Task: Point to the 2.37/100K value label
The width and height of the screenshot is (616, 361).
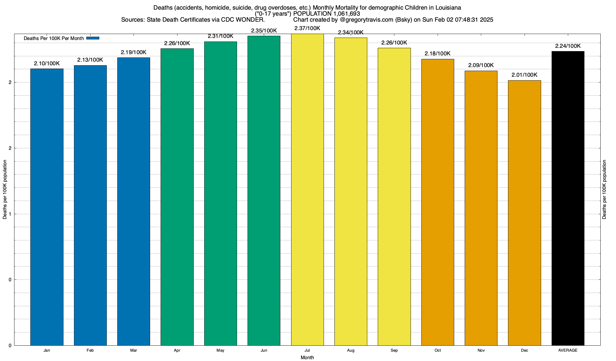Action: [307, 29]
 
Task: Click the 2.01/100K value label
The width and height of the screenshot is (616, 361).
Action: [524, 75]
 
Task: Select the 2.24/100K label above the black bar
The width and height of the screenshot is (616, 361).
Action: [568, 46]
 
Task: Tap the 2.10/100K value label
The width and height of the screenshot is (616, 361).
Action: [47, 63]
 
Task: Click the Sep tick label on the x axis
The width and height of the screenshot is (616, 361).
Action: [394, 350]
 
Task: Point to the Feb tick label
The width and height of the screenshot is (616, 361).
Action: [90, 350]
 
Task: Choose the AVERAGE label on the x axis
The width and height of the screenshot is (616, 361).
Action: [568, 350]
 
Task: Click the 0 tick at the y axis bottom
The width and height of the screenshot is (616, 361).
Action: [10, 346]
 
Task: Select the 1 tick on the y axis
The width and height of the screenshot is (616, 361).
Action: [10, 214]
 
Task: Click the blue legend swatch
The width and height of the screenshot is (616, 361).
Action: [93, 38]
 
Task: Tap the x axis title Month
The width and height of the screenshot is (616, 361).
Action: [307, 357]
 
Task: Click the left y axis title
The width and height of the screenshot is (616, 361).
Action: [5, 190]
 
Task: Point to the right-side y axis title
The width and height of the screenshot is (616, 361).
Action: [604, 190]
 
